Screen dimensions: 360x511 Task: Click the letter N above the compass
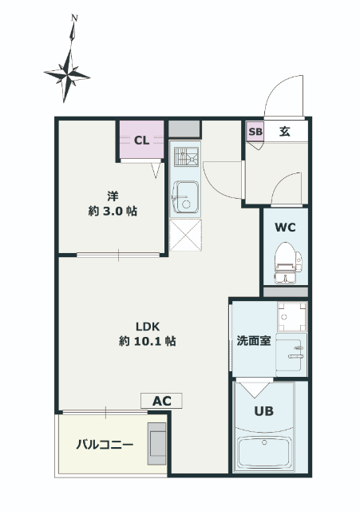tap(74, 18)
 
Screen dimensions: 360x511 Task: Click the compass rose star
tap(67, 76)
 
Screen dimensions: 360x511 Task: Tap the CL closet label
tap(142, 141)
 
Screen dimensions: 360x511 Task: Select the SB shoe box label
tap(255, 132)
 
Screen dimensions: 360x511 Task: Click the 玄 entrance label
tap(284, 132)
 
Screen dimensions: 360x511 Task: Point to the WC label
tap(285, 227)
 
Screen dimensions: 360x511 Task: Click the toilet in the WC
tap(287, 263)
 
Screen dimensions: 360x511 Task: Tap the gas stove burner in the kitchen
tap(186, 156)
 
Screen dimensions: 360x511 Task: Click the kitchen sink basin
tap(185, 197)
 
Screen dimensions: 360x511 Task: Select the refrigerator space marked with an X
tap(185, 235)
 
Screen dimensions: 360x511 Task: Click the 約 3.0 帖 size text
tap(113, 211)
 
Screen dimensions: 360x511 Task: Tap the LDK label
tap(148, 327)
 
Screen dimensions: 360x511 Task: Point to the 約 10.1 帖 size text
tap(148, 341)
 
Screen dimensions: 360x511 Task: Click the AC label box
tap(161, 401)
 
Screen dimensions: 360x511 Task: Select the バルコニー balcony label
tap(105, 445)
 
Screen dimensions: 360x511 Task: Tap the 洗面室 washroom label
tap(254, 341)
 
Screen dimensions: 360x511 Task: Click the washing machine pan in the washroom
tap(292, 317)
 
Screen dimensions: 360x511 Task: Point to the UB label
tap(264, 411)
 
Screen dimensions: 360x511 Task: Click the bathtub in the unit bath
tap(264, 453)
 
